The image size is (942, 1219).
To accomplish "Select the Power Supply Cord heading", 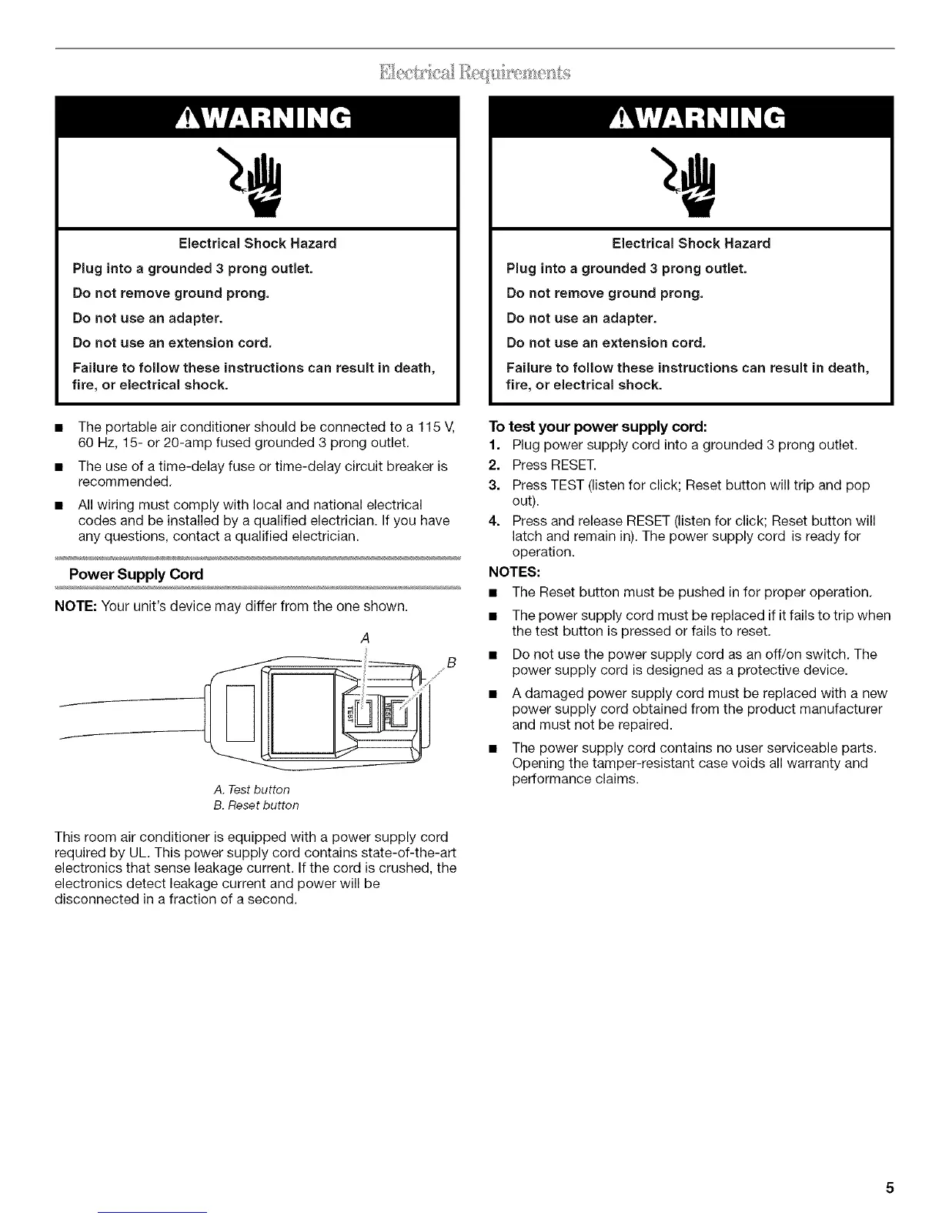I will click(135, 574).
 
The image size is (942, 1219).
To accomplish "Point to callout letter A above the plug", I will click(366, 638).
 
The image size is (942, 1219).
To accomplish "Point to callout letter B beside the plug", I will click(452, 663).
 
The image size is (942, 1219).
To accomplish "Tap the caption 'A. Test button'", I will click(252, 790).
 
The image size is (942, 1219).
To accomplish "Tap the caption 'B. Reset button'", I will click(256, 806).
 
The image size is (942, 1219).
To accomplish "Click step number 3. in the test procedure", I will click(495, 486).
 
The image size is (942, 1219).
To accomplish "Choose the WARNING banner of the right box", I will click(690, 117).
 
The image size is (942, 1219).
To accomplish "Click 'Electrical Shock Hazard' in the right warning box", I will click(690, 243).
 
